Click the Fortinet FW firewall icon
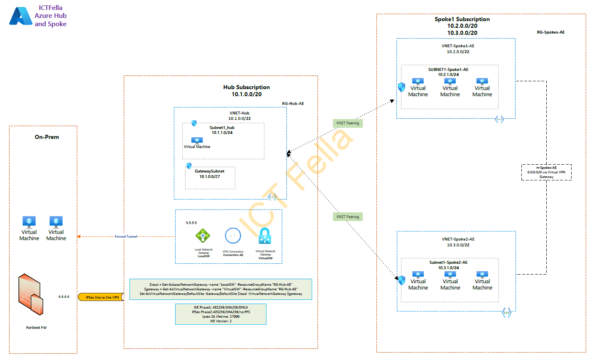[x=31, y=294]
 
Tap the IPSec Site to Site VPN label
[x=102, y=297]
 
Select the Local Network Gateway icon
[x=203, y=236]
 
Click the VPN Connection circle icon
[x=233, y=236]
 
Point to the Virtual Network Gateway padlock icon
[x=265, y=237]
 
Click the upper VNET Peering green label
[x=347, y=123]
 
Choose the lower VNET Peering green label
[x=347, y=217]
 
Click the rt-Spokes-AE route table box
[x=546, y=172]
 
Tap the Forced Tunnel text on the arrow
[x=126, y=236]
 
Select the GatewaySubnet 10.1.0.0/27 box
[x=210, y=178]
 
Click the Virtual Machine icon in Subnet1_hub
[x=197, y=141]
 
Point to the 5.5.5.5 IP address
[x=191, y=223]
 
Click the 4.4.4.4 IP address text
[x=64, y=297]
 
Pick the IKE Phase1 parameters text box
[x=221, y=314]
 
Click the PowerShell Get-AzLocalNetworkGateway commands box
[x=221, y=289]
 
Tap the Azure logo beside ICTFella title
[x=20, y=16]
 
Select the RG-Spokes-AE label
[x=550, y=32]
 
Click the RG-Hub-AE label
[x=293, y=104]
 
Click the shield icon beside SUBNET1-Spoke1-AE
[x=401, y=87]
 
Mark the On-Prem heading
[x=46, y=137]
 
